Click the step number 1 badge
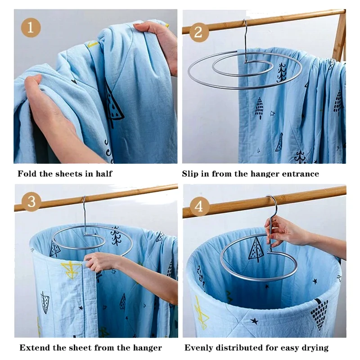point(31,28)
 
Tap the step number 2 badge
point(198,32)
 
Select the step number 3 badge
point(31,202)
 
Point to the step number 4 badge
point(199,207)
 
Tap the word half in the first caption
point(104,174)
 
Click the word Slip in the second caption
point(190,174)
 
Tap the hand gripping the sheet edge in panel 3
point(99,262)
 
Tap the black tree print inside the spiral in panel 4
point(255,250)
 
